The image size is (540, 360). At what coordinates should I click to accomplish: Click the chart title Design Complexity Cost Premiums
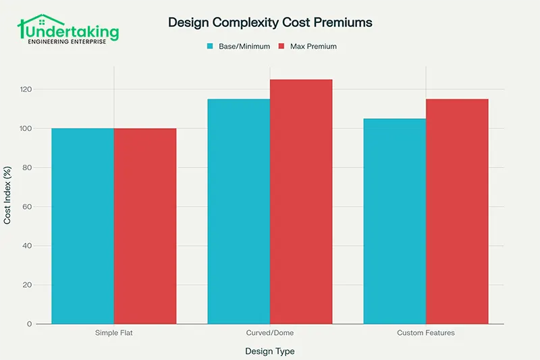[x=270, y=22]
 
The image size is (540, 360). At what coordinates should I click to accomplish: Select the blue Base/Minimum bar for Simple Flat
[x=82, y=226]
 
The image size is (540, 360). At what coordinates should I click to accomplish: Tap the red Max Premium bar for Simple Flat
[x=145, y=226]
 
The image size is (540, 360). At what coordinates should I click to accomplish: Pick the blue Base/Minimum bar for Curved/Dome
[x=238, y=211]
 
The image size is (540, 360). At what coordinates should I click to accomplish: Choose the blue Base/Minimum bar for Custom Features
[x=394, y=221]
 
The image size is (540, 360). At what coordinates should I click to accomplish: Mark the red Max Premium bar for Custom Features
[x=457, y=211]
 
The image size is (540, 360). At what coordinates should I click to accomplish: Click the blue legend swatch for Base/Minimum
[x=211, y=47]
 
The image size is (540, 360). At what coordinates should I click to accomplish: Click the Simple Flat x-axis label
[x=113, y=333]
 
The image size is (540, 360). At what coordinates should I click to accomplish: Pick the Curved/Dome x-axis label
[x=270, y=333]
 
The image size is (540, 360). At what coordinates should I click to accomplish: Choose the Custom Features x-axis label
[x=426, y=333]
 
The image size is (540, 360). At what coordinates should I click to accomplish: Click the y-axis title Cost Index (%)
[x=8, y=196]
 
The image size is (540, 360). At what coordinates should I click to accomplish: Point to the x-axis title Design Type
[x=270, y=351]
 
